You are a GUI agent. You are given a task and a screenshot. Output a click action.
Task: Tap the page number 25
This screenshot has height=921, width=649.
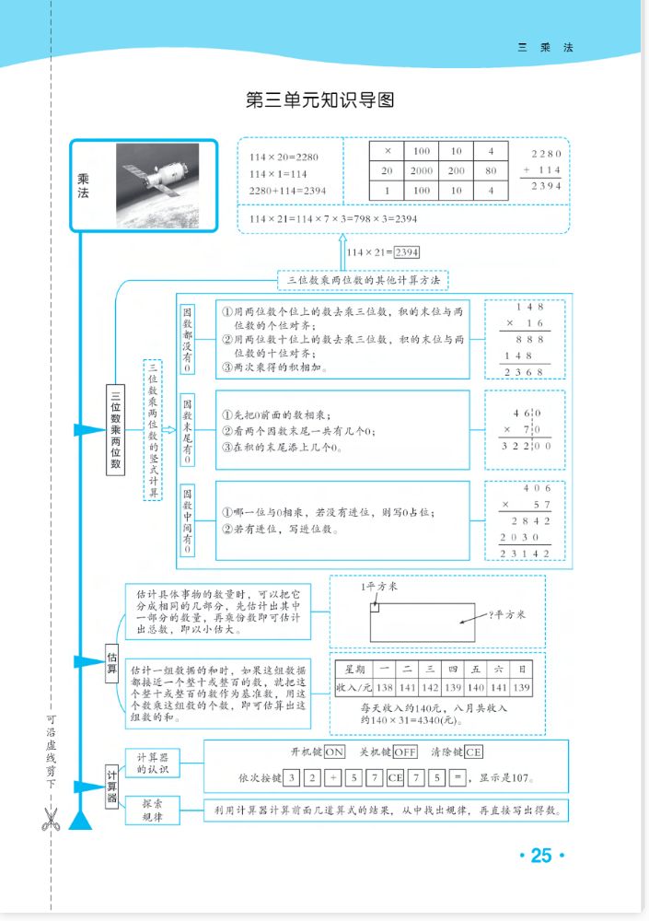tap(540, 856)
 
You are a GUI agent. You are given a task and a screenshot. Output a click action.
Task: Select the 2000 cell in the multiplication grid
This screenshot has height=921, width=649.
tap(422, 171)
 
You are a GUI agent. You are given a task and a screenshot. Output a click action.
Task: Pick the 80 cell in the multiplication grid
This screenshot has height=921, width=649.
tap(491, 171)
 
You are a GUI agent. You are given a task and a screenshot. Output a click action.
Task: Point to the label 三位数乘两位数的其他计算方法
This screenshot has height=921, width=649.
tap(363, 279)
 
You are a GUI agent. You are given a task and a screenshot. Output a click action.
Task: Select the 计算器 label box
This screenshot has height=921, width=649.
tap(112, 786)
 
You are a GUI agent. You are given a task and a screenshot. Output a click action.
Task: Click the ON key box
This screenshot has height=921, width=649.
tap(333, 752)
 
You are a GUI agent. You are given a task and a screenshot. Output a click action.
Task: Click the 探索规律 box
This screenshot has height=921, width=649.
tap(152, 810)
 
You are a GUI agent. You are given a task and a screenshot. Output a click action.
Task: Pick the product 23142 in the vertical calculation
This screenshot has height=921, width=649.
tap(525, 553)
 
